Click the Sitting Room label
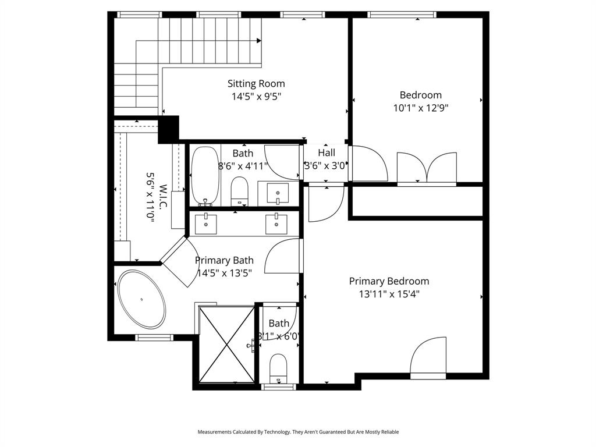pos(256,84)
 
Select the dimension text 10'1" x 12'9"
pos(421,108)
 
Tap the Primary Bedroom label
pos(389,281)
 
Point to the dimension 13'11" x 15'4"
pos(389,295)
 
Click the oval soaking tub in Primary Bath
pos(141,300)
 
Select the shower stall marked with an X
pos(227,345)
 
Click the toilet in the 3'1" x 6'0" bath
pos(279,368)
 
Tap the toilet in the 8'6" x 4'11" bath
pos(240,190)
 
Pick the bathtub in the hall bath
pos(205,175)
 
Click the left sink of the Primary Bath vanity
pos(205,223)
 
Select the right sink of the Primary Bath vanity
pos(276,223)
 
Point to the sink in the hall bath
pos(278,193)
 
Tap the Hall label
pos(327,153)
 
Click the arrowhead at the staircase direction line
pos(258,41)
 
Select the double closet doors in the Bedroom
pos(427,168)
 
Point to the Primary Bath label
pos(224,260)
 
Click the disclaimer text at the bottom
pos(298,432)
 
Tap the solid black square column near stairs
pos(168,129)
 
